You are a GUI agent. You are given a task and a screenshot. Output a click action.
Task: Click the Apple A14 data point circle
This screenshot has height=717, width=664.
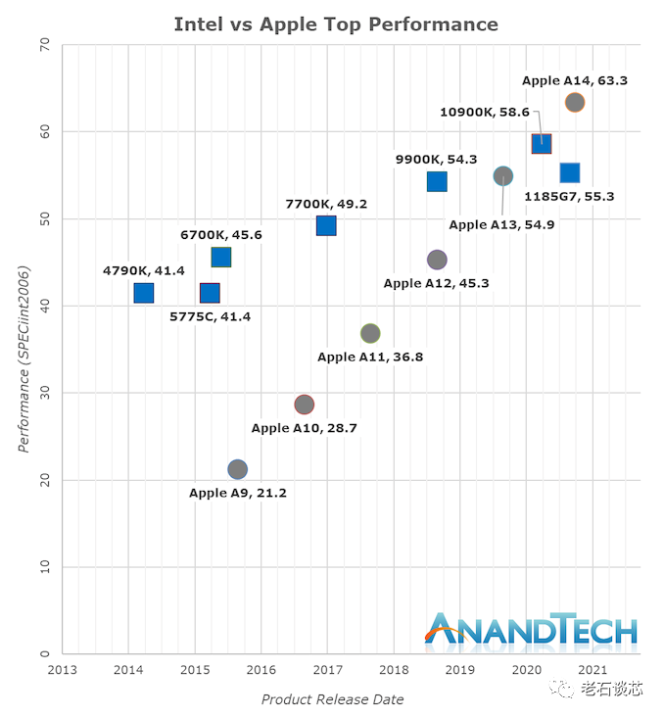pos(575,102)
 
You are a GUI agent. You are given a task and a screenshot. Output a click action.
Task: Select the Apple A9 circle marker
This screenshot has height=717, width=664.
pos(237,469)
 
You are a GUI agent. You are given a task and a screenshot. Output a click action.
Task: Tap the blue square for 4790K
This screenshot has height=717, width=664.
pos(144,293)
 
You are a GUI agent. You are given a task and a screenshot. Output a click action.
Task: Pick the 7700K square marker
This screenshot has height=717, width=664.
pos(326,226)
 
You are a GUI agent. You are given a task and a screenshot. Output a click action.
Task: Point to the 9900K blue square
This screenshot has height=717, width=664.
pos(437,181)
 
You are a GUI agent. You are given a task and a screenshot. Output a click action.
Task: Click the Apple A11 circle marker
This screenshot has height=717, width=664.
pos(370,333)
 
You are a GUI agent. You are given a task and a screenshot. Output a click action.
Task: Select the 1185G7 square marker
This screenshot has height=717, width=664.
pos(570,173)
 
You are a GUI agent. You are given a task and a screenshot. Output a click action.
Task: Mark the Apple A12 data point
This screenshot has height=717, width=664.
pos(437,260)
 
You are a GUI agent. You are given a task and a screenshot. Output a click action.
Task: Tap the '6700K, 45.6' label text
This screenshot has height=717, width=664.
pos(221,235)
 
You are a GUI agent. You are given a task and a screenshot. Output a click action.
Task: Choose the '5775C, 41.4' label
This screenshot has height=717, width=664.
pos(210,316)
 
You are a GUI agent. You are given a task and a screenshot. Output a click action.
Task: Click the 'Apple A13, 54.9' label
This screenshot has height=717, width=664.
pos(496,224)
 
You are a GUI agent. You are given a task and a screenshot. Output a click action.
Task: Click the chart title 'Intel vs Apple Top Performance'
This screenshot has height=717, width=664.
pos(336,24)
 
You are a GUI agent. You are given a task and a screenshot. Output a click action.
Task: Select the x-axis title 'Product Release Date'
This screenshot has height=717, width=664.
pos(332,699)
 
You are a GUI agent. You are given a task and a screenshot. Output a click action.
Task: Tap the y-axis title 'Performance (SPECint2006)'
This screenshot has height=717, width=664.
pos(24,358)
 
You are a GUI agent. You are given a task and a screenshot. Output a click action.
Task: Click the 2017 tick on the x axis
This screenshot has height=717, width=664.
pos(327,670)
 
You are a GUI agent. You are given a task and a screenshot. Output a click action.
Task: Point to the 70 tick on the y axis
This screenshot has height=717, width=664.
pos(43,44)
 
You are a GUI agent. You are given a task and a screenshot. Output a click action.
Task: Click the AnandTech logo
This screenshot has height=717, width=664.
pos(530,631)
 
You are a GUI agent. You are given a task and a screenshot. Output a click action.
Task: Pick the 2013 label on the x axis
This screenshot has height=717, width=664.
pos(63,670)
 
